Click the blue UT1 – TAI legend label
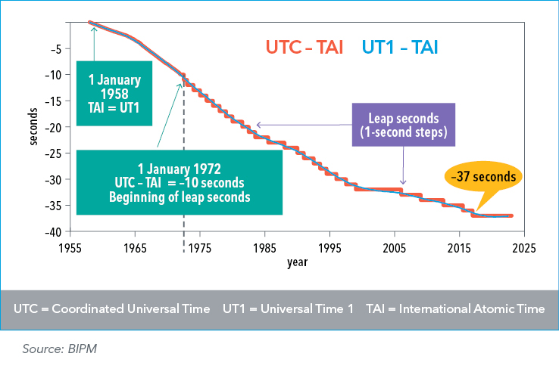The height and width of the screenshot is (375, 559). point(401,48)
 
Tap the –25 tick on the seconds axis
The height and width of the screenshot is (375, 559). point(58,153)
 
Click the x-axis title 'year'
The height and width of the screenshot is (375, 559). point(296,262)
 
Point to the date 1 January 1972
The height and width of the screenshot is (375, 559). point(179,167)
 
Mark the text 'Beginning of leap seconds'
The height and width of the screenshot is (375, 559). point(179,197)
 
